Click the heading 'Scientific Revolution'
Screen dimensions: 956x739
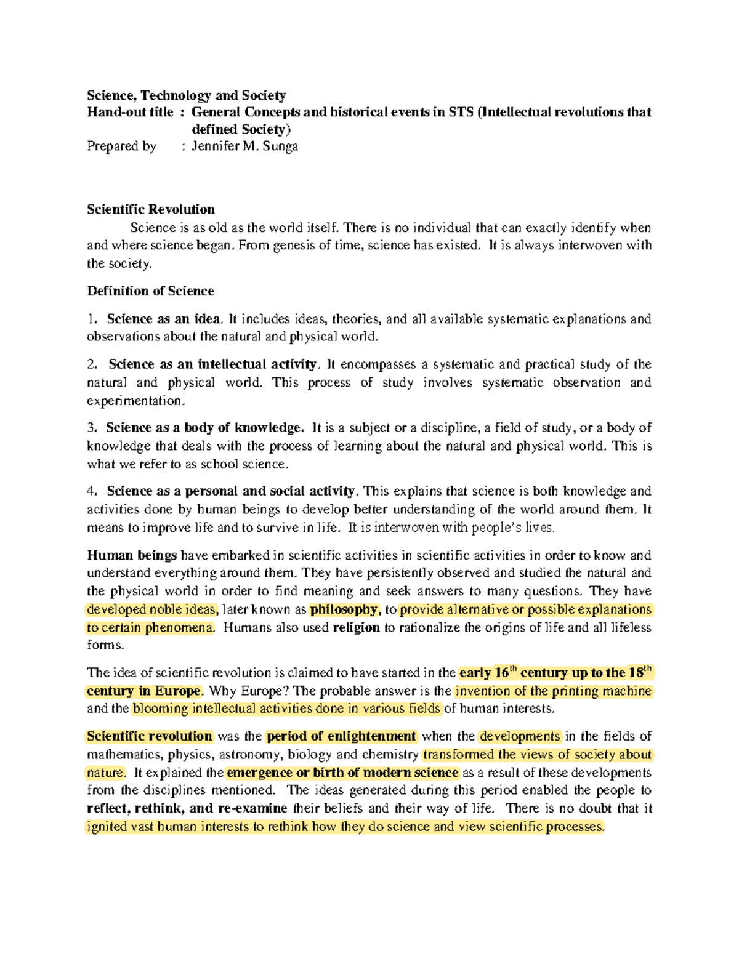tap(150, 209)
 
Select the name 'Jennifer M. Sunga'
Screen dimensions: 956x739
tap(244, 147)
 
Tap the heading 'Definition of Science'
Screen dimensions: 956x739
tap(150, 291)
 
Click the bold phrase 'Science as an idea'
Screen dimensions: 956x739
tap(163, 319)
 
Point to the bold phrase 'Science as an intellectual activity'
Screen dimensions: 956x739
tap(212, 364)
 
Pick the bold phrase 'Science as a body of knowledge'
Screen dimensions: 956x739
tap(204, 428)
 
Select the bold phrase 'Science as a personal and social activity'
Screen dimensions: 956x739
tap(230, 491)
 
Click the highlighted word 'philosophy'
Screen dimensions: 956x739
tap(344, 609)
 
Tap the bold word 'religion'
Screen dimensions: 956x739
tap(356, 628)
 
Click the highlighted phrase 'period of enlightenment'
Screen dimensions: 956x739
tap(341, 736)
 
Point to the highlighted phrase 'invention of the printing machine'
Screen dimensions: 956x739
tap(552, 691)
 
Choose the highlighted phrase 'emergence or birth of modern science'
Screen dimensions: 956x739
tap(342, 773)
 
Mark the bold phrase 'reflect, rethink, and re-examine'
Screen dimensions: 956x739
tap(187, 808)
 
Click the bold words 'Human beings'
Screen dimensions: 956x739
tap(132, 555)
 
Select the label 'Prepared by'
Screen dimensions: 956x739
tap(121, 147)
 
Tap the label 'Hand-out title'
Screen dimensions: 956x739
tap(130, 112)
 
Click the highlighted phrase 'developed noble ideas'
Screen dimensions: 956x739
tap(151, 609)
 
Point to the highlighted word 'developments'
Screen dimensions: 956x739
tap(520, 736)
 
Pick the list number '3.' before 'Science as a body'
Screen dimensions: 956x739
tap(92, 428)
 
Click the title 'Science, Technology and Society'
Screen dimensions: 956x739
tap(186, 95)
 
